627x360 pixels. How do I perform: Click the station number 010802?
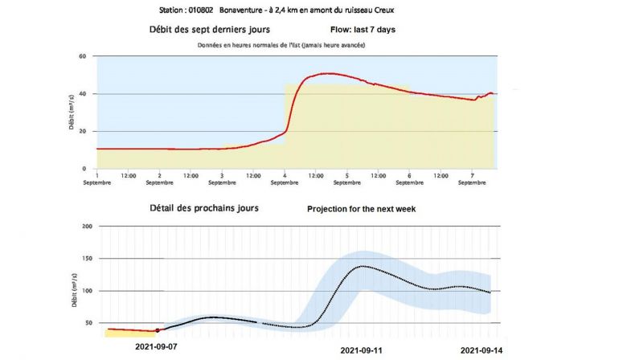[x=209, y=10]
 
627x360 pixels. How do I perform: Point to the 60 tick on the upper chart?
[x=83, y=56]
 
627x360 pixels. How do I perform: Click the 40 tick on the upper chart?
[x=83, y=94]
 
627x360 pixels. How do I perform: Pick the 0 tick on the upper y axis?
[x=84, y=169]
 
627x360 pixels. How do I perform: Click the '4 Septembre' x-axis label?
[x=285, y=178]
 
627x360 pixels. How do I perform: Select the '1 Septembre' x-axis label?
[x=97, y=178]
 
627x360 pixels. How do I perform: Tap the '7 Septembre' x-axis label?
[x=473, y=178]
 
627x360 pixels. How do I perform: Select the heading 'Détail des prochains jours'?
[x=204, y=208]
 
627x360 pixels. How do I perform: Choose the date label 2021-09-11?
[x=363, y=351]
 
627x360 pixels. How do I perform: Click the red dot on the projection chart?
[x=158, y=330]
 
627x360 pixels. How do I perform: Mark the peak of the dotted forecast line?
[x=363, y=266]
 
